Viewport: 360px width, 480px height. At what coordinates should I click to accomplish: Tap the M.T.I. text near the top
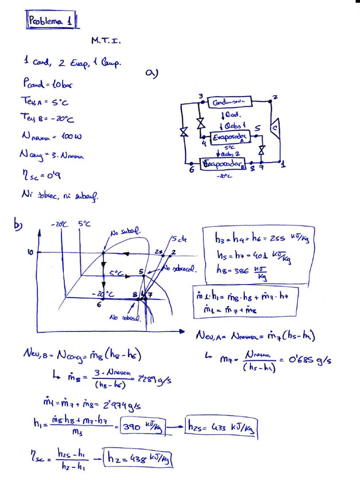tap(106, 41)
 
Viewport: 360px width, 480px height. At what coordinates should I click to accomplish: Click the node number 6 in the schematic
tap(192, 170)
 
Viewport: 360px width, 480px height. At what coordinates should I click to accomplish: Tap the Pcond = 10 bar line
tap(47, 84)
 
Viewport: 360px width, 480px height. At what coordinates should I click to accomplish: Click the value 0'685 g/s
tap(305, 361)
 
